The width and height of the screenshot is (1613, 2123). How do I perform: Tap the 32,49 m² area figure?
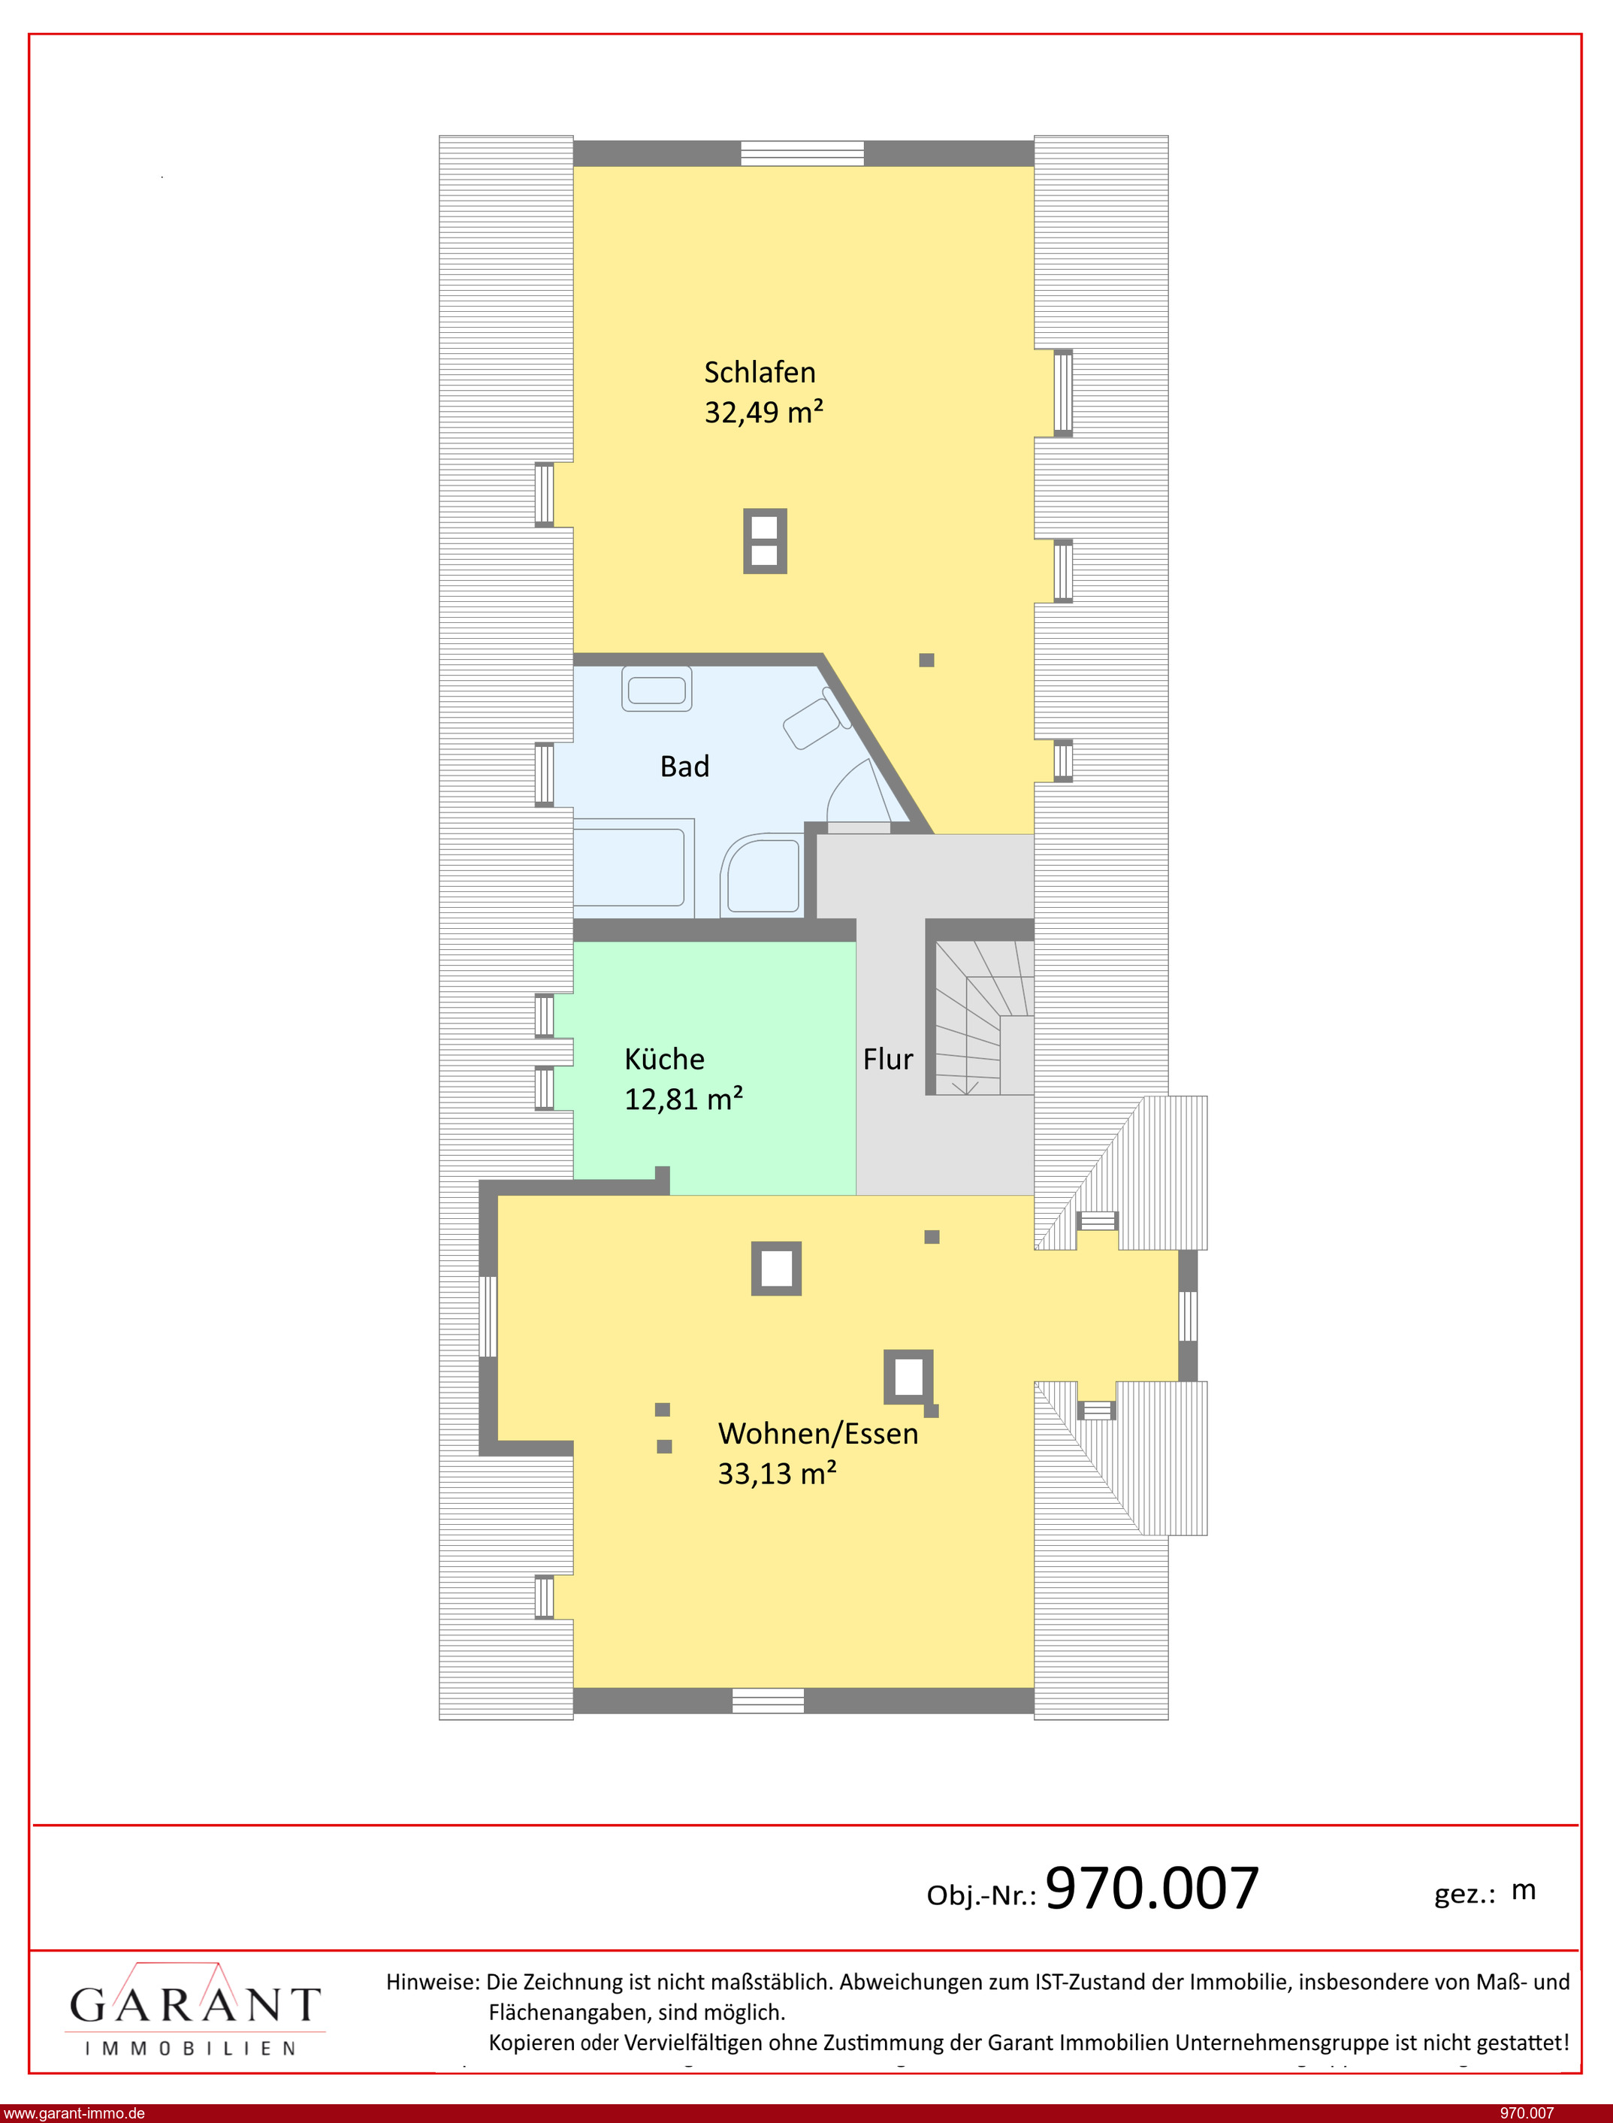coord(763,412)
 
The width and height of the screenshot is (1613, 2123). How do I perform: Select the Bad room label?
coord(684,767)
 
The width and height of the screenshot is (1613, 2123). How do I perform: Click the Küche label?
coord(664,1058)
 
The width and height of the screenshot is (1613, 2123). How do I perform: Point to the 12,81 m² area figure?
coord(684,1099)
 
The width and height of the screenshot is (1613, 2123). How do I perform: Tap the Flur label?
coord(888,1059)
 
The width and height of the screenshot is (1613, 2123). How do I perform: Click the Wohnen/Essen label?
coord(818,1434)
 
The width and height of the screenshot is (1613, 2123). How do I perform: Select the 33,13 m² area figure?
coord(777,1473)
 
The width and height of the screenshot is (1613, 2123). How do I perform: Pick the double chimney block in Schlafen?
coord(766,542)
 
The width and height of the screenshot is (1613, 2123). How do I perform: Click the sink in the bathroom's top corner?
coord(657,688)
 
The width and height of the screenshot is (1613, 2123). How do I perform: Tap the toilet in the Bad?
coord(815,719)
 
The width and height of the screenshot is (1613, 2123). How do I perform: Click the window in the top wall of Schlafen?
coord(802,153)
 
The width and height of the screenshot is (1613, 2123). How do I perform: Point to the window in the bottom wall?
coord(768,1701)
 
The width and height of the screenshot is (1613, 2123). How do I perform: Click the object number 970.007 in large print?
coord(1151,1887)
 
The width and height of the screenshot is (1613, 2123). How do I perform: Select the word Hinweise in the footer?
coord(432,1982)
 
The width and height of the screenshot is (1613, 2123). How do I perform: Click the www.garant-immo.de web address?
coord(74,2113)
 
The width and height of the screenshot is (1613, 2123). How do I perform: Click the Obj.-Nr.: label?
coord(981,1895)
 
